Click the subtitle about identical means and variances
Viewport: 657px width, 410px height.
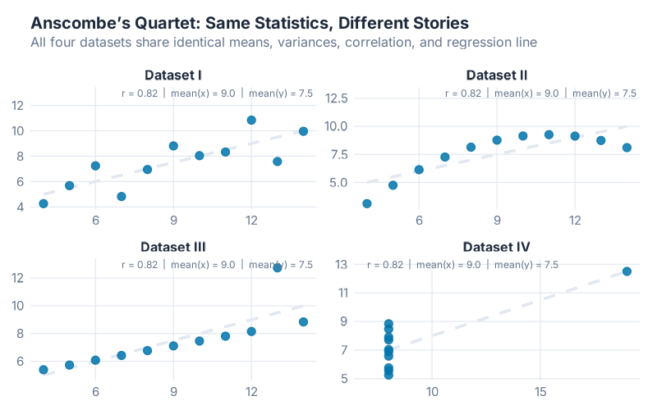[x=283, y=41]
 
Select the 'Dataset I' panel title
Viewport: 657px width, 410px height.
[x=173, y=75]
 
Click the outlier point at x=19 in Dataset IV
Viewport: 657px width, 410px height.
[x=627, y=271]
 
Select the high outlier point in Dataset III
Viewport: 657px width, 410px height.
[x=278, y=267]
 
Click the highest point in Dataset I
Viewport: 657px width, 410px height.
[x=251, y=120]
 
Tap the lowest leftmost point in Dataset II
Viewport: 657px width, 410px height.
[x=367, y=203]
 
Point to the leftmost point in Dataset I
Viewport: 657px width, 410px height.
[x=44, y=203]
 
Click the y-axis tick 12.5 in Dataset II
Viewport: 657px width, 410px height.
[x=338, y=98]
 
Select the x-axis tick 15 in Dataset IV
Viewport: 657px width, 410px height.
[x=540, y=391]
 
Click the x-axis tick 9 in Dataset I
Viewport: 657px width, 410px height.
[x=173, y=220]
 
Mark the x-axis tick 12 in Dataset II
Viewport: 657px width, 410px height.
[x=574, y=220]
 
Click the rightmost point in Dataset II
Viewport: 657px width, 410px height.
[x=627, y=148]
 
